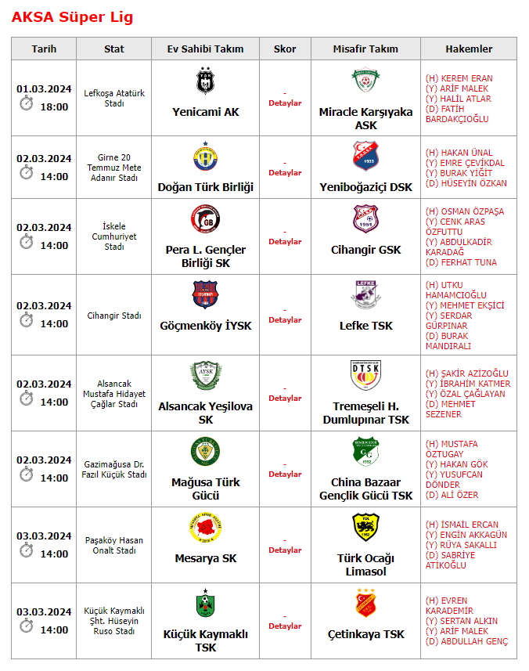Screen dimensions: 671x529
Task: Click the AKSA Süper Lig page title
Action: (x=73, y=16)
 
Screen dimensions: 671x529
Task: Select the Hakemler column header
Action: (x=469, y=49)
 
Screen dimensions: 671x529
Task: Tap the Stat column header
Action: (x=114, y=49)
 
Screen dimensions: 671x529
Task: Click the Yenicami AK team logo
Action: (x=205, y=81)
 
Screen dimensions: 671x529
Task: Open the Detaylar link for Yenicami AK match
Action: (x=285, y=103)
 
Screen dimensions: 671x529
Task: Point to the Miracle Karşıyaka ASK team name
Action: (x=365, y=118)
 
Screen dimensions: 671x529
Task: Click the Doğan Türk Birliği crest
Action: (x=205, y=157)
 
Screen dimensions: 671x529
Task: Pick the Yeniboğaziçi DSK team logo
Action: (x=365, y=157)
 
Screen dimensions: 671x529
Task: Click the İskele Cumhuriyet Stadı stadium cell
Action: (x=114, y=236)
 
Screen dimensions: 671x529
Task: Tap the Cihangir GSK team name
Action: (x=365, y=250)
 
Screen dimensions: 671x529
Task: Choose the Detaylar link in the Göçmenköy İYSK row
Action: (x=285, y=320)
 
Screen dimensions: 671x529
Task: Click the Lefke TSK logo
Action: (x=365, y=294)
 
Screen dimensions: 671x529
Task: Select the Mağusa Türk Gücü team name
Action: (x=205, y=489)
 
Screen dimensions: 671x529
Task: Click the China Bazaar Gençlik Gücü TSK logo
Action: (x=365, y=451)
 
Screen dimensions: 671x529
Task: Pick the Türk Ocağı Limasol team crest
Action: (x=365, y=527)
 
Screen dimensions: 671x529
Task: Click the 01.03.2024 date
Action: (x=44, y=88)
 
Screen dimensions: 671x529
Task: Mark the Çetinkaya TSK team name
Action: (x=365, y=634)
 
